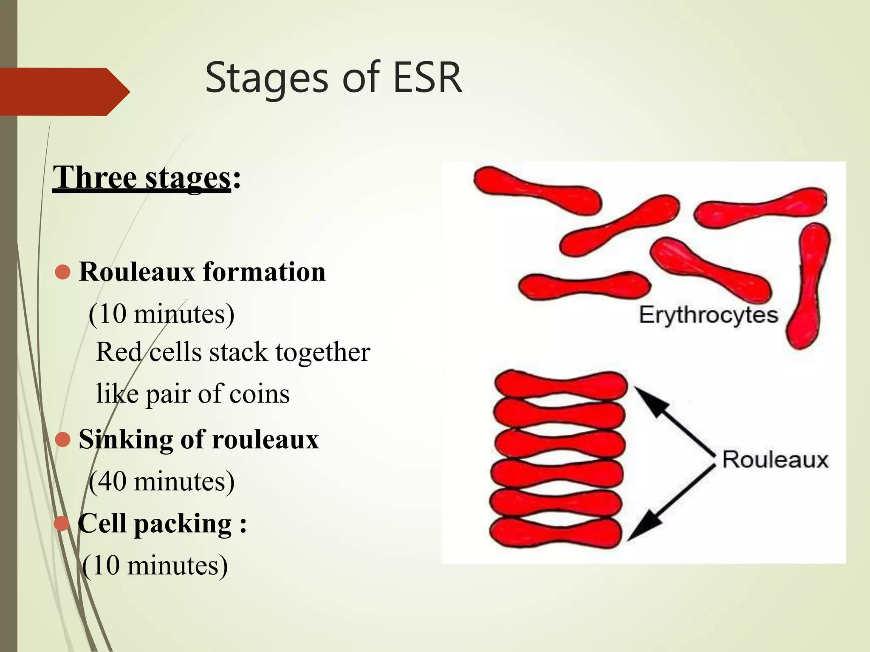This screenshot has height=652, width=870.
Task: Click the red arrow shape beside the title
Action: point(64,91)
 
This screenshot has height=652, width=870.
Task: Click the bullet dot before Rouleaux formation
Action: point(63,272)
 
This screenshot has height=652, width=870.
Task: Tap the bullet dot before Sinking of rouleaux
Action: point(63,440)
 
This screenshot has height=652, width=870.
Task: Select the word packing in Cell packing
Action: point(183,523)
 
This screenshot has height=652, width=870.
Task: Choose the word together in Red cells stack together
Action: point(322,352)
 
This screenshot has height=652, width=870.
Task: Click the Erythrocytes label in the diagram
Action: point(708,315)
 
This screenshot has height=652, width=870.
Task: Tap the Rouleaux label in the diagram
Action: point(775,460)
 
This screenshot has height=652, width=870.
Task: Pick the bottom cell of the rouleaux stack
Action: point(556,532)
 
